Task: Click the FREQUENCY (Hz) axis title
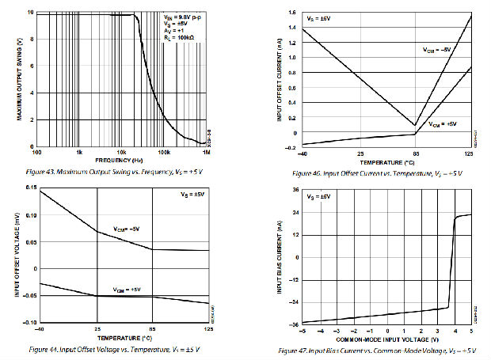pos(122,159)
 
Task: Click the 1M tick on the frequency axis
pos(207,151)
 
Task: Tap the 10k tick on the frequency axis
pos(122,151)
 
